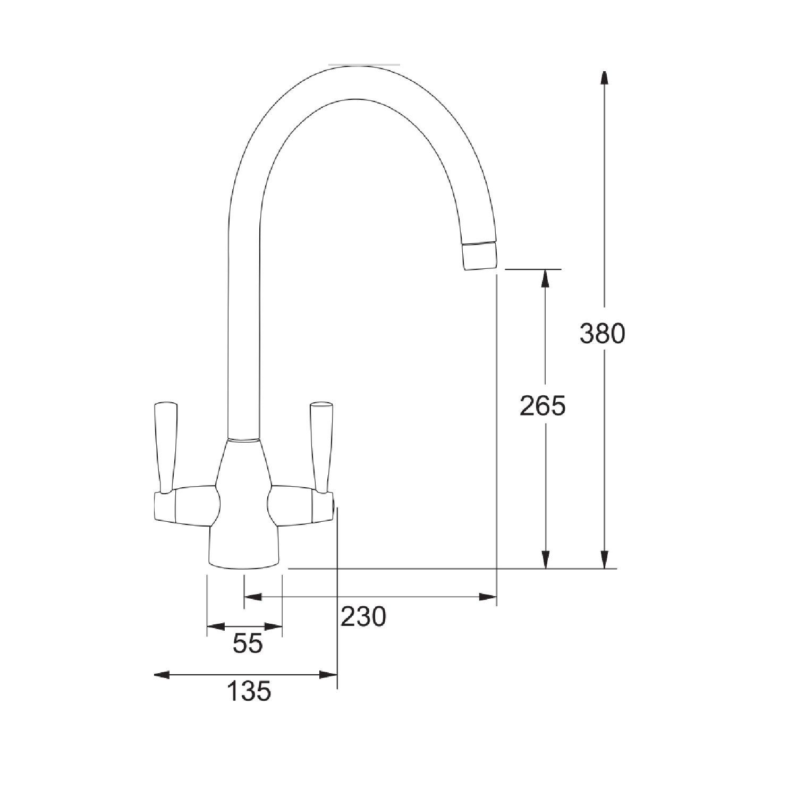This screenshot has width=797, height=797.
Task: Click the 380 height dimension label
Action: [x=602, y=334]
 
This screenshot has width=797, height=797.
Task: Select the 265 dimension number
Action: [x=542, y=406]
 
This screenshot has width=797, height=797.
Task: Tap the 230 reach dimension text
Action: [x=363, y=616]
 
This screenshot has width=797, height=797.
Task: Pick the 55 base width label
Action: [x=248, y=644]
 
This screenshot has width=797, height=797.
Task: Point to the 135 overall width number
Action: [x=249, y=691]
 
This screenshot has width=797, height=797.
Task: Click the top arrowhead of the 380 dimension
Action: [x=604, y=78]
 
